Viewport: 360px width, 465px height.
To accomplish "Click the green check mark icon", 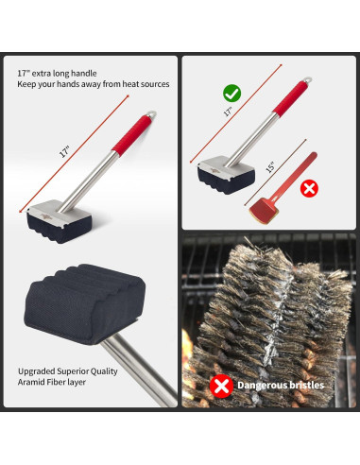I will tap(231, 94).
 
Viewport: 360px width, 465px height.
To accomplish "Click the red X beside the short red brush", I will tap(307, 188).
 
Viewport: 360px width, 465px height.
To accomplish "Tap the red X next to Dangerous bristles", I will tap(221, 386).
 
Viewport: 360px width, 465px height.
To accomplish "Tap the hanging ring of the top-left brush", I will tap(151, 116).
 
